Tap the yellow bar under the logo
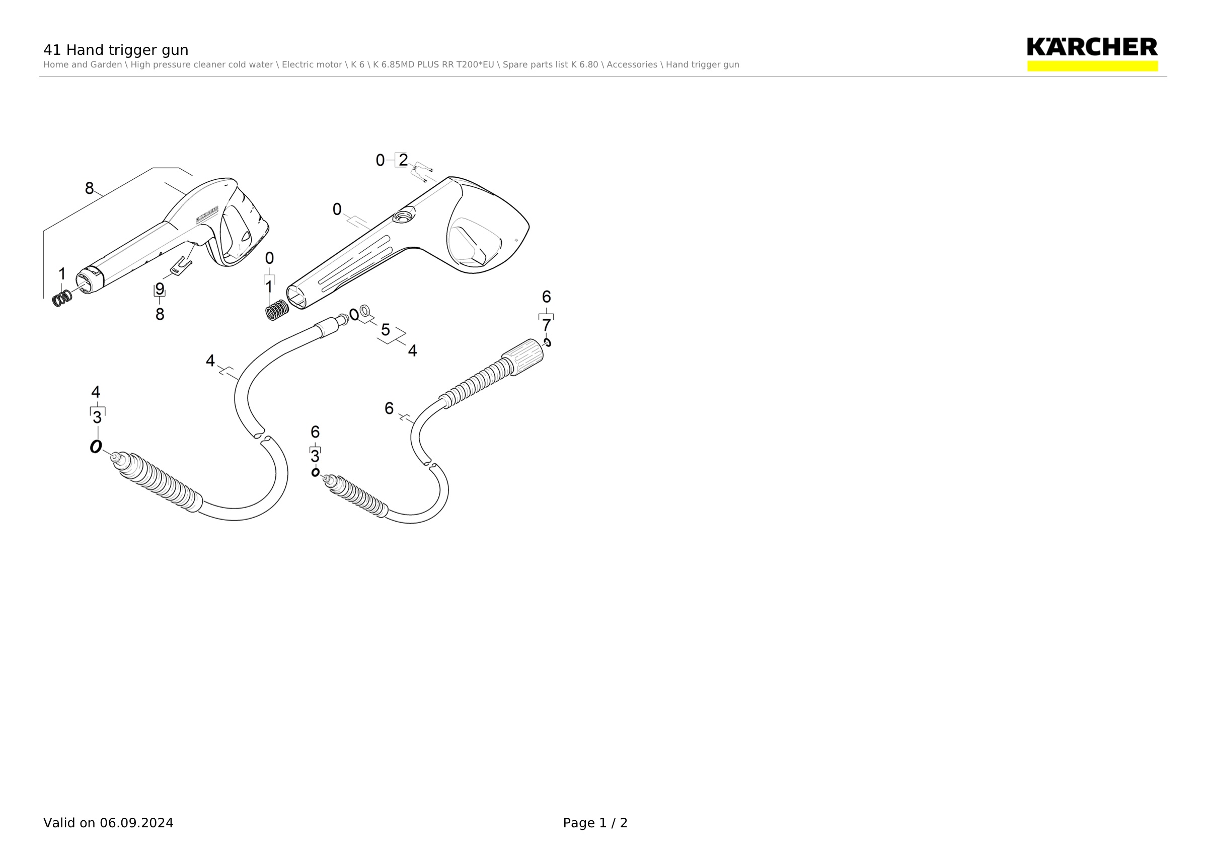click(1092, 66)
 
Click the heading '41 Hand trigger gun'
click(116, 50)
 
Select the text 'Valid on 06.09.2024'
click(108, 822)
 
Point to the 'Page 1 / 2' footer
click(595, 822)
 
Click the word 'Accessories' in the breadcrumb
click(631, 65)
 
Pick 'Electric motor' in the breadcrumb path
click(313, 65)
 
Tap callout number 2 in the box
click(403, 160)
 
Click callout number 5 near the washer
click(386, 330)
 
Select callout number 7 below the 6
click(546, 325)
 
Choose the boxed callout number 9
click(160, 289)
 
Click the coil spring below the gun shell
click(277, 309)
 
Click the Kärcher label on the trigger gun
click(207, 215)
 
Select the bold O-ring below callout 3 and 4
click(96, 447)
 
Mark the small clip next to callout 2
click(423, 172)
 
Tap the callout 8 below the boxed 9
click(160, 314)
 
